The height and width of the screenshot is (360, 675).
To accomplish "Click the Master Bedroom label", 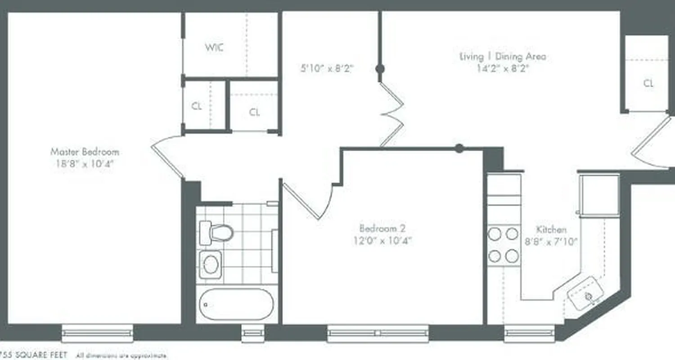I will tap(85, 152).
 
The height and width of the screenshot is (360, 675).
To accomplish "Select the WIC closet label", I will tap(215, 48).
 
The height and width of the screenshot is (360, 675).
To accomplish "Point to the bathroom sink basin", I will tap(211, 264).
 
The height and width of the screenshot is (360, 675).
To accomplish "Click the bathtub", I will tap(236, 304).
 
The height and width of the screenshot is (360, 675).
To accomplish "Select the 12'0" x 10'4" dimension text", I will tap(382, 240).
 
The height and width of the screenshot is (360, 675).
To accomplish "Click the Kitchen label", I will tap(551, 229).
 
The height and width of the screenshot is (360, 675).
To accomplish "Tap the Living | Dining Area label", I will tap(502, 57).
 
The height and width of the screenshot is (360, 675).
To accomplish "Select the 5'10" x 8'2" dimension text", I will tap(327, 69).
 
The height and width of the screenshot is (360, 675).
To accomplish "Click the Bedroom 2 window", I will tap(378, 333).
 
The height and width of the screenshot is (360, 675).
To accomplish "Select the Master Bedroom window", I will tap(97, 333).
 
